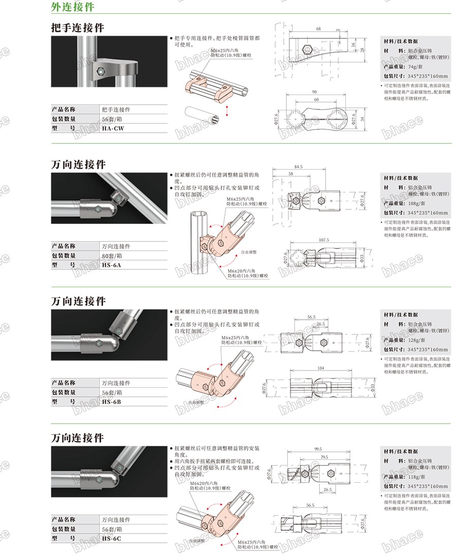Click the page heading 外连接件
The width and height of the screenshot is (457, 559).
coord(73,7)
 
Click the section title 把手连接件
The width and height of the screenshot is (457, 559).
coord(78,28)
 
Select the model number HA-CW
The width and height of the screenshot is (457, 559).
coord(112,129)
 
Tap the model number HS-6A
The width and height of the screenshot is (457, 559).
coord(112,265)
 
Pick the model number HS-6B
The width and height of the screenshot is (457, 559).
coord(112,401)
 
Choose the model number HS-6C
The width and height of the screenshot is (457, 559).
coord(112,538)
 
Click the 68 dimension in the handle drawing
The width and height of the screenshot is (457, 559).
coord(318,29)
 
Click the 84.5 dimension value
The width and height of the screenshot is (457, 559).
coord(298,166)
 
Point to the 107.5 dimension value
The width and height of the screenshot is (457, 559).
coord(323,240)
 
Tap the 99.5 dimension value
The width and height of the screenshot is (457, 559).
coord(318,449)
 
